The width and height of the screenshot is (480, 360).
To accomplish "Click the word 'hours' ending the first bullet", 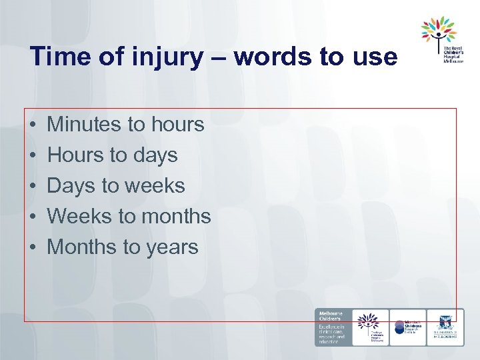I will coord(177,124).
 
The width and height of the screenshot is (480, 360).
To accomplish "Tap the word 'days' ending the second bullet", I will coord(155,155).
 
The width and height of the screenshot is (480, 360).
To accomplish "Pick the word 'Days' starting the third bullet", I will coord(71,185).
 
